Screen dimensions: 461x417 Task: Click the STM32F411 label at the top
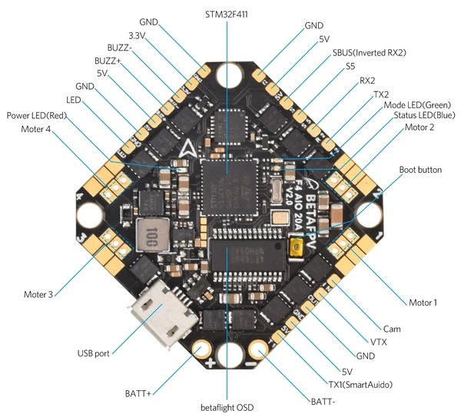(227, 14)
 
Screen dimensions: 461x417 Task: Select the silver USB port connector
(163, 313)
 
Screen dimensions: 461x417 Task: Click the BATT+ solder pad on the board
(201, 349)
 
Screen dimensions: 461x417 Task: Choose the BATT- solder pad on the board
(258, 349)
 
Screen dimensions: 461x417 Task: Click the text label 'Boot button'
(420, 170)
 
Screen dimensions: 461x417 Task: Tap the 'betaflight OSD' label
(227, 408)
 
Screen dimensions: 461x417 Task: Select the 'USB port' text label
(93, 353)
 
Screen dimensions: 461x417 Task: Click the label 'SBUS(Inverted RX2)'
(370, 53)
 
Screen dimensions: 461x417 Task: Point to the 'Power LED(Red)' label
(37, 115)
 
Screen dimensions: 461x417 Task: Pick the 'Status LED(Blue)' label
(424, 115)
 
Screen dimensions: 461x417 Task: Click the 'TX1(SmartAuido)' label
(360, 385)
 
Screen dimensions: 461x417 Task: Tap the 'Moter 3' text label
(38, 294)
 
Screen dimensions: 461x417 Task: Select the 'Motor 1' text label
(423, 303)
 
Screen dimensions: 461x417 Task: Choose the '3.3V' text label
(137, 36)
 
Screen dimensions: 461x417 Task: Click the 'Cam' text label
(392, 329)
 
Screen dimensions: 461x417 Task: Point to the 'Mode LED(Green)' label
(417, 105)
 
